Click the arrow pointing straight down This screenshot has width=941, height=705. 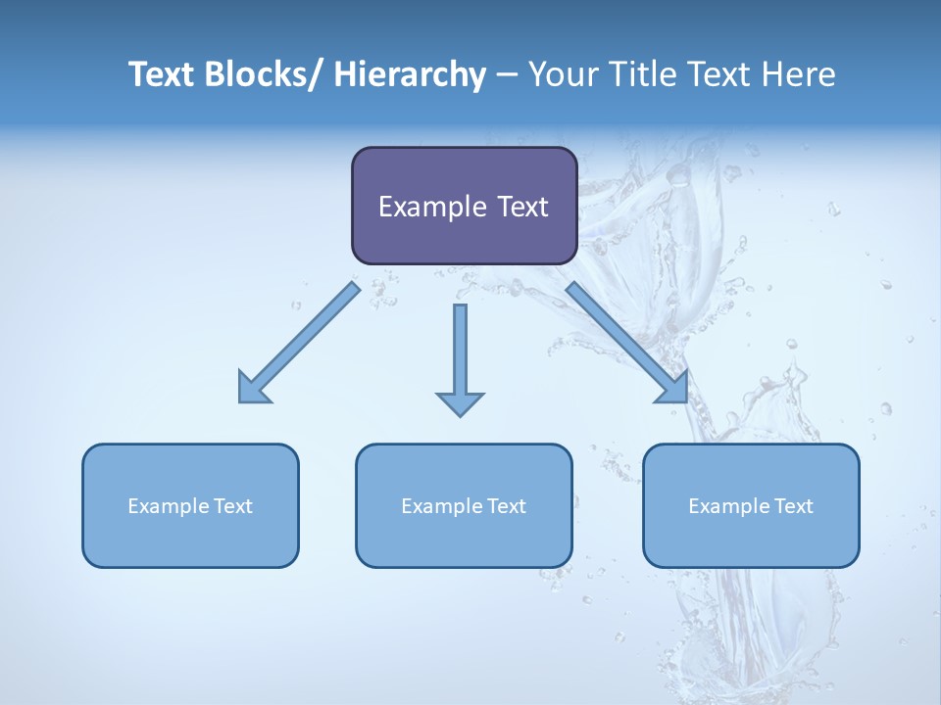[460, 357]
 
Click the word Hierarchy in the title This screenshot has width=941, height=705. [410, 74]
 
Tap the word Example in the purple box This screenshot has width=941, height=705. [432, 207]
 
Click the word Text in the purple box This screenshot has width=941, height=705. [521, 207]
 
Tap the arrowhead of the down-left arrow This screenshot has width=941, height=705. [251, 390]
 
